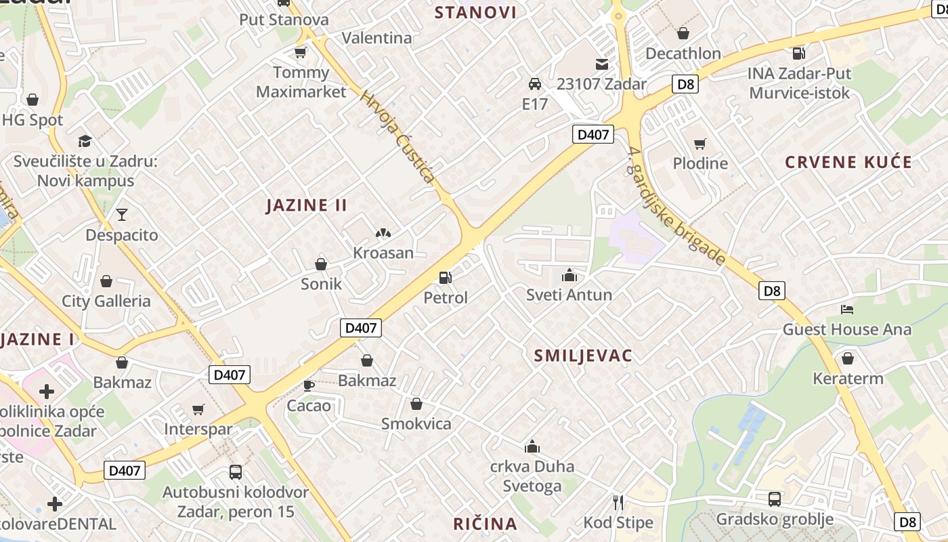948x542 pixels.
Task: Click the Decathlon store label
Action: (683, 53)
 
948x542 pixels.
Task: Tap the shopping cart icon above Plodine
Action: (700, 144)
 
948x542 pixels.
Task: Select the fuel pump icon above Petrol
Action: (445, 277)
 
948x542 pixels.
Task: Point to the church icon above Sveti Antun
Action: (569, 275)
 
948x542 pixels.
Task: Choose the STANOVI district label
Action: (475, 12)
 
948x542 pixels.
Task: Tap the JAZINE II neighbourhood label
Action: (307, 205)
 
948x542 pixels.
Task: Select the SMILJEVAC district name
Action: (583, 356)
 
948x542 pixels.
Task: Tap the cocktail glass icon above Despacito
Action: (121, 215)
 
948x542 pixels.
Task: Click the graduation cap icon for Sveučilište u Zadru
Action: (85, 141)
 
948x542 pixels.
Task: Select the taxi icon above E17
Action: (534, 84)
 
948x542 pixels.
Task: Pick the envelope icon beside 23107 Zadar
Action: (601, 64)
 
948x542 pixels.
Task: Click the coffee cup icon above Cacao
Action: (309, 385)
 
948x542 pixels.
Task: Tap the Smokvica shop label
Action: (416, 423)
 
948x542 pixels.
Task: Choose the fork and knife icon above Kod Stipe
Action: (618, 502)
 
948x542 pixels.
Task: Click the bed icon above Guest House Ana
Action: (846, 310)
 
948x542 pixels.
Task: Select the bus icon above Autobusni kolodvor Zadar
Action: (236, 472)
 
